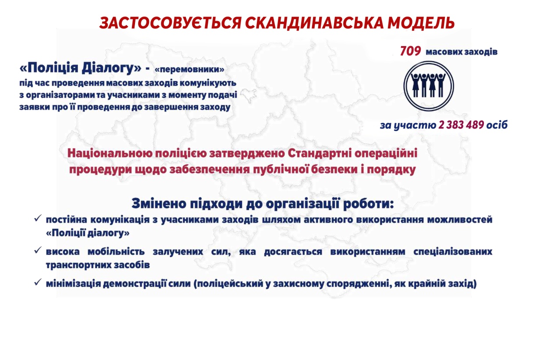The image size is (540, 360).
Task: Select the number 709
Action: tap(410, 52)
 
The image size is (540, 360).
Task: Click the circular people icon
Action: tap(428, 85)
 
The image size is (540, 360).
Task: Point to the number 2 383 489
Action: tap(461, 125)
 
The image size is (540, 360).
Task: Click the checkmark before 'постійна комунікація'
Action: tap(38, 218)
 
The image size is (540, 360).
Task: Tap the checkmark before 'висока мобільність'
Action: tap(38, 250)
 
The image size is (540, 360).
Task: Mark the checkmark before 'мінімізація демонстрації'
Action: tap(38, 282)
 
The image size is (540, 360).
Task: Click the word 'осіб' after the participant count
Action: tap(497, 125)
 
